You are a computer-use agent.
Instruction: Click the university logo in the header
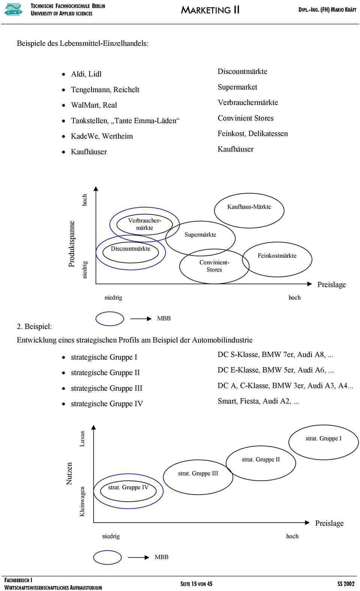(13, 9)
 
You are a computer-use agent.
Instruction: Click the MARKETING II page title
(210, 10)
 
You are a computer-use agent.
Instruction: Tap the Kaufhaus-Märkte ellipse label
(249, 207)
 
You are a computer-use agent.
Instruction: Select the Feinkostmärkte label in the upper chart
(277, 256)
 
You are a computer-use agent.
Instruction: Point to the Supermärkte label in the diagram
(200, 235)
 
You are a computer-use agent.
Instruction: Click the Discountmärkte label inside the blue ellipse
(130, 248)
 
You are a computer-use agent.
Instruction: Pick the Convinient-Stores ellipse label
(214, 266)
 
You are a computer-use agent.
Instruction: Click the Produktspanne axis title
(72, 244)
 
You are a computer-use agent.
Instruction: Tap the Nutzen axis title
(69, 473)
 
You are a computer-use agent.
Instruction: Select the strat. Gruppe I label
(323, 438)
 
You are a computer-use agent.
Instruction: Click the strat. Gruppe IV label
(128, 487)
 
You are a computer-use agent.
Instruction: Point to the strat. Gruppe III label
(198, 473)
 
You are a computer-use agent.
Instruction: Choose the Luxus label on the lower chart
(82, 438)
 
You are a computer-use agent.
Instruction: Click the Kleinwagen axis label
(82, 501)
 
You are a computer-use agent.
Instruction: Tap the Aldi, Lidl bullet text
(86, 74)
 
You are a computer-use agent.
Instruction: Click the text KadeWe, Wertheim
(102, 136)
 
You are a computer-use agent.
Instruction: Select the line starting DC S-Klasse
(275, 355)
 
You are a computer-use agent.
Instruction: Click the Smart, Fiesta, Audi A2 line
(258, 401)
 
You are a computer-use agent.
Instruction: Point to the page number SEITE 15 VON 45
(196, 583)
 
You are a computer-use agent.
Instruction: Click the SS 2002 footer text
(345, 583)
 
